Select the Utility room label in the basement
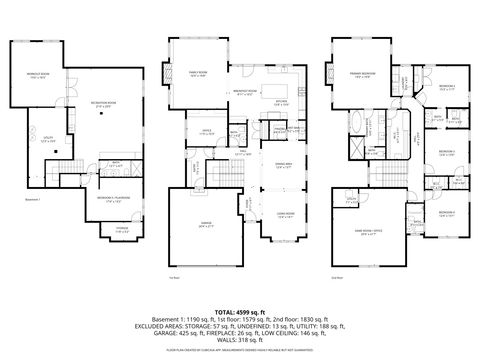(x=47, y=141)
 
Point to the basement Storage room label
(x=122, y=230)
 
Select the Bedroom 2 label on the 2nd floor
(x=446, y=88)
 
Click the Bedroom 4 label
(x=446, y=213)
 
